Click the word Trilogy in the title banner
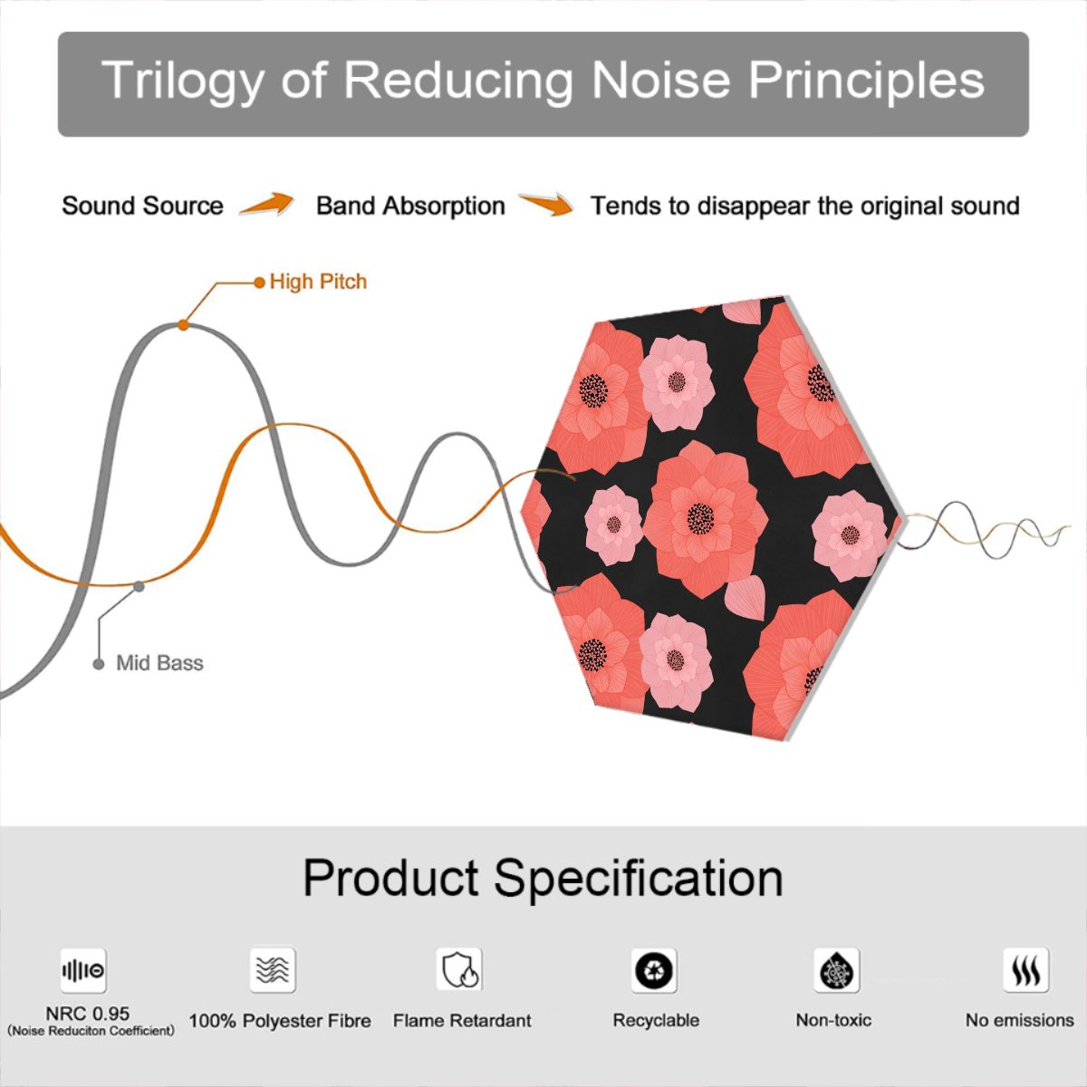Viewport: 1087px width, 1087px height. pos(182,80)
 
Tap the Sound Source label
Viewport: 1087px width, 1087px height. pos(143,206)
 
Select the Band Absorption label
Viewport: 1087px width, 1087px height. pos(410,206)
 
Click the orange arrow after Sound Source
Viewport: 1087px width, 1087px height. pos(266,204)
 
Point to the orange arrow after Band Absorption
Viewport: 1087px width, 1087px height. pos(546,204)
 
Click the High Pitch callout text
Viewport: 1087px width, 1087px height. pos(318,282)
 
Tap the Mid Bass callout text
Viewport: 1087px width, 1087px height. pos(159,663)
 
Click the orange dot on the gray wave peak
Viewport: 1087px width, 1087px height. pos(183,325)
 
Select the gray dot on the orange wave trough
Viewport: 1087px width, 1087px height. pos(139,587)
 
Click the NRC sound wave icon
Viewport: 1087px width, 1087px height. pos(83,970)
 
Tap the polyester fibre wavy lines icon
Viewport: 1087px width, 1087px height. pos(273,970)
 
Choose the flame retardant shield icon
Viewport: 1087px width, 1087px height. pos(459,970)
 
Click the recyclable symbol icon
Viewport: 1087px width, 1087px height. pos(654,970)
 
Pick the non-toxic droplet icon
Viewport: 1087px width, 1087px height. pos(837,970)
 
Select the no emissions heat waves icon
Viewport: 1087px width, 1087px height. pos(1026,970)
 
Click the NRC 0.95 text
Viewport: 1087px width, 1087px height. pos(88,1014)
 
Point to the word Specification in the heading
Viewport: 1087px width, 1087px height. pos(639,880)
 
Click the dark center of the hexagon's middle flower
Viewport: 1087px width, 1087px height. pos(700,518)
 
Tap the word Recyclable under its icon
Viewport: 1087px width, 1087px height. pos(656,1021)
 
